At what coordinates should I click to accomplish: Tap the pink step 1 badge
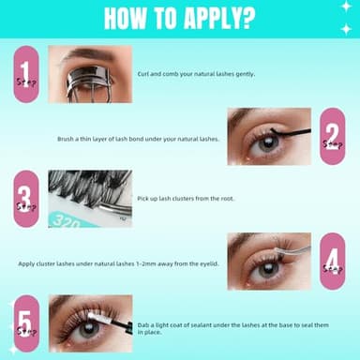(26, 74)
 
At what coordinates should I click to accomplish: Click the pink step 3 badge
(26, 199)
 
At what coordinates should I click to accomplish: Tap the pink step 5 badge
(26, 323)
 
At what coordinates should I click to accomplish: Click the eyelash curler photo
(85, 74)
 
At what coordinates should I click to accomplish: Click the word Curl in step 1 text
(144, 73)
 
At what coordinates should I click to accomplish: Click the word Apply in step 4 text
(27, 263)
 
